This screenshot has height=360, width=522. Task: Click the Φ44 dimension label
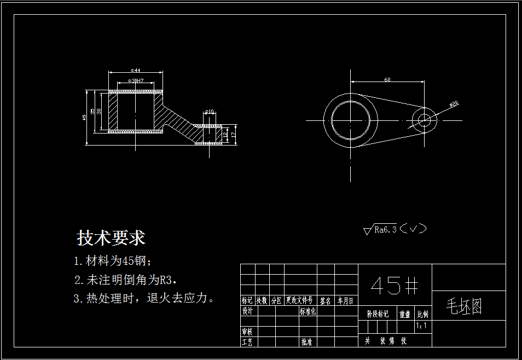click(x=135, y=70)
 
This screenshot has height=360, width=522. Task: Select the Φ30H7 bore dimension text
click(x=135, y=80)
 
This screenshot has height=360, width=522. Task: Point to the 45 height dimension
click(x=84, y=117)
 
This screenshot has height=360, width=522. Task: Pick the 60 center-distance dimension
click(x=387, y=80)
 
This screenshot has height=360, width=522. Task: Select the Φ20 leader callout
click(x=454, y=104)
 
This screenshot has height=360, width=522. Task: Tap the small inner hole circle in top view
click(x=424, y=120)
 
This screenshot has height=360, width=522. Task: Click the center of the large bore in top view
click(x=350, y=120)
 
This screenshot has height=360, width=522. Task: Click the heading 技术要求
click(x=111, y=239)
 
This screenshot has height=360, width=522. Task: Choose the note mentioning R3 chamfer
click(x=125, y=280)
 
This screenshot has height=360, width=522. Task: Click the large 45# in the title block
click(x=395, y=285)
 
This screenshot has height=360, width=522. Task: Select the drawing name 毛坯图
click(x=464, y=307)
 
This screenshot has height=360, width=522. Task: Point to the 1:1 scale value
click(x=422, y=326)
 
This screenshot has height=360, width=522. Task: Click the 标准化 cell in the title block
click(x=308, y=311)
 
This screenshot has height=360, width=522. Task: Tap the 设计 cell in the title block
click(x=247, y=311)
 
